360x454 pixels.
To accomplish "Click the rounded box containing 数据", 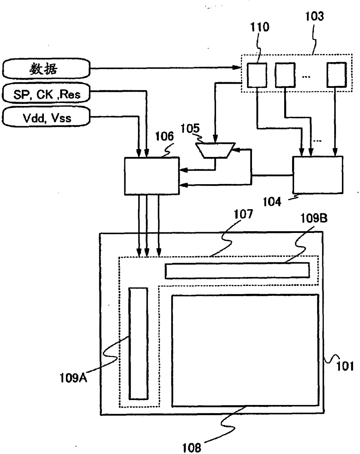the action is click(46, 68).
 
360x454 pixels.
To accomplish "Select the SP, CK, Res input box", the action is click(46, 93).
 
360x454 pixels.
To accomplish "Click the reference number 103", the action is click(314, 16).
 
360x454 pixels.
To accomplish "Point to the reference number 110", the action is click(260, 27).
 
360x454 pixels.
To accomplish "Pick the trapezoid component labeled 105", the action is click(215, 151).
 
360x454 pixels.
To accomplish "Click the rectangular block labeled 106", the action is click(152, 176).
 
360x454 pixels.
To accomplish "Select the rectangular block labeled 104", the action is click(318, 175).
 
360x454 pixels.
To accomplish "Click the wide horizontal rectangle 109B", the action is click(237, 271).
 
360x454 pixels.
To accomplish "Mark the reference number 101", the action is click(345, 366).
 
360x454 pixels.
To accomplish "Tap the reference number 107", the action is click(243, 214).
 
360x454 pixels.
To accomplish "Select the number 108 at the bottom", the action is click(192, 448).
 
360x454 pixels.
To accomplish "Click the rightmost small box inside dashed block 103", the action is click(337, 75).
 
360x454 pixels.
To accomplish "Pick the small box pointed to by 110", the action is click(257, 75).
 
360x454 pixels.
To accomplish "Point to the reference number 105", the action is click(190, 128).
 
